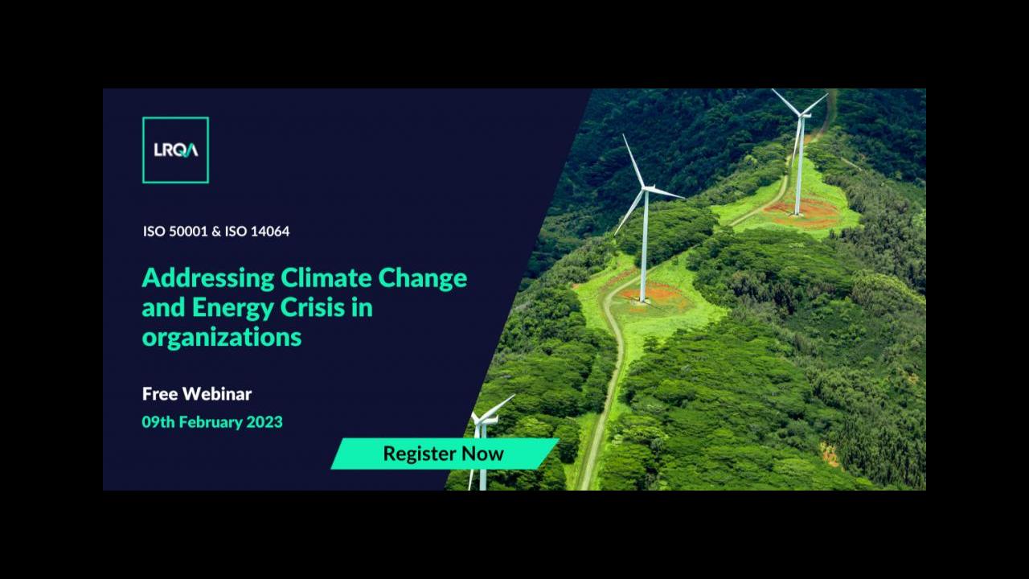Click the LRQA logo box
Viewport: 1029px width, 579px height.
pos(175,150)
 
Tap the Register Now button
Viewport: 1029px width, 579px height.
pos(445,454)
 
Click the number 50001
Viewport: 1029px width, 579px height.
pos(188,231)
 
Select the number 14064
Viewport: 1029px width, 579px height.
pos(270,231)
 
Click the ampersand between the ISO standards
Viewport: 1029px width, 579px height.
pos(216,231)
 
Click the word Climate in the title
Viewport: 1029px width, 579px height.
pos(326,278)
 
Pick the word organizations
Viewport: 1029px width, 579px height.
pos(221,338)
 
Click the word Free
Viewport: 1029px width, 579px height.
pos(159,394)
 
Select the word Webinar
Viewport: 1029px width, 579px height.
pos(217,394)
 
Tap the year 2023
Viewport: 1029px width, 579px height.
pos(264,422)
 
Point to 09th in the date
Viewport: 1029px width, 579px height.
pos(158,422)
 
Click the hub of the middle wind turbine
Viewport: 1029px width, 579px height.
pos(646,188)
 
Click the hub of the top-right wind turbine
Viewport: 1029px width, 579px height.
pos(801,114)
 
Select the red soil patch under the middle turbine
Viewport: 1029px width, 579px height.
pos(652,295)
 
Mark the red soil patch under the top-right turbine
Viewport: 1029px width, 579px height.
pos(805,212)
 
